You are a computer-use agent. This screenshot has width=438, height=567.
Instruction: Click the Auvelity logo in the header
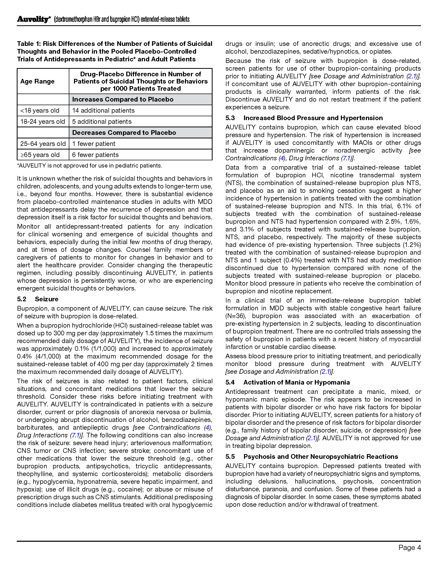coord(33,19)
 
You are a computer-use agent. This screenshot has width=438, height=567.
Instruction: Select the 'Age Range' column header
coord(37,81)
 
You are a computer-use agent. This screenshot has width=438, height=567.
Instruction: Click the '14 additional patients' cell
coord(103,110)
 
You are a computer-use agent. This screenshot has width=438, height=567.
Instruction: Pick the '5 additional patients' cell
coord(102,121)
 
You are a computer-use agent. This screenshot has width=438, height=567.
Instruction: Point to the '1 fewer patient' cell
coord(94,144)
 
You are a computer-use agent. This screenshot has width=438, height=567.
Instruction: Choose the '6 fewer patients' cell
coord(95,155)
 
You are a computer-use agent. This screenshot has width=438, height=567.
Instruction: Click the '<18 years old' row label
coord(40,110)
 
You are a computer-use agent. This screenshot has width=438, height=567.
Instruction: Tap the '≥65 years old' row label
coord(40,155)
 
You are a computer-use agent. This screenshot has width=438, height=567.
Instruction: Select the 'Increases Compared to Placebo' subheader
coord(123,99)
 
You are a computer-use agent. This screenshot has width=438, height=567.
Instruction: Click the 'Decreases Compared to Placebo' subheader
coord(124,133)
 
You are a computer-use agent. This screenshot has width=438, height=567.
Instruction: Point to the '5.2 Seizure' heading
coord(38,299)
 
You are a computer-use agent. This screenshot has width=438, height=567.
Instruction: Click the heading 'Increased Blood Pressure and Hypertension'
coord(313,118)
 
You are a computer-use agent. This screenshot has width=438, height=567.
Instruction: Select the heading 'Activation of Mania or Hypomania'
coord(296,382)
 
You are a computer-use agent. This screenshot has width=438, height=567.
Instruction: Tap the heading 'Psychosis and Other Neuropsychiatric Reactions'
coord(321,456)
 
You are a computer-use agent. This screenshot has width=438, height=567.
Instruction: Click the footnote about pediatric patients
coord(89,166)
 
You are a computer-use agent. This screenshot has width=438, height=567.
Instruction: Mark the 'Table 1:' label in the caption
coord(29,44)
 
